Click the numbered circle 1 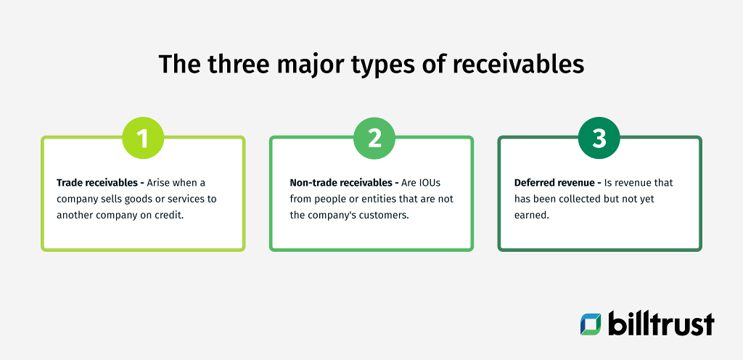(x=143, y=138)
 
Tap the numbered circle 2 (x=374, y=138)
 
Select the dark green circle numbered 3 (x=599, y=138)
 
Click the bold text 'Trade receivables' (x=94, y=183)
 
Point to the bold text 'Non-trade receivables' (x=337, y=183)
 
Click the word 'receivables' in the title (x=518, y=64)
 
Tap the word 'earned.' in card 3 (x=531, y=215)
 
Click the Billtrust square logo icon (x=591, y=324)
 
